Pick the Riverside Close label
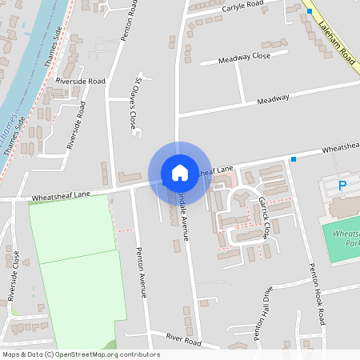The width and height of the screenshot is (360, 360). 13,275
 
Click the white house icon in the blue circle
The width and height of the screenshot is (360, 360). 180,173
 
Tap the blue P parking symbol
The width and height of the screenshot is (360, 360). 342,186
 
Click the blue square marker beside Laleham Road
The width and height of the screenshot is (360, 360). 310,12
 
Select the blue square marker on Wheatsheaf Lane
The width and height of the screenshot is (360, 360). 294,159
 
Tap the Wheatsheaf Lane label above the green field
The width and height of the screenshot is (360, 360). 60,194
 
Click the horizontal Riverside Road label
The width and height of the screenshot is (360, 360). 80,82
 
